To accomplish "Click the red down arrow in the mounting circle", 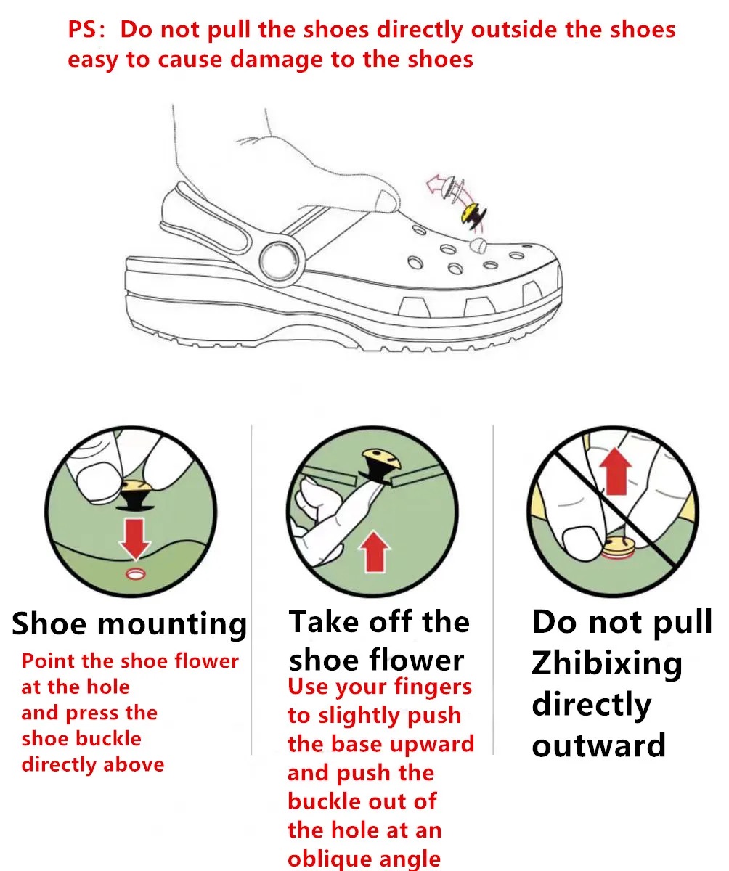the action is [134, 539].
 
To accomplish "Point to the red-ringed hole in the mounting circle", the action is [135, 573].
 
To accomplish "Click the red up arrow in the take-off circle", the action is [375, 551].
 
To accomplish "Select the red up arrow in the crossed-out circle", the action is [616, 471].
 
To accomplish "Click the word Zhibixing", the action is [607, 663].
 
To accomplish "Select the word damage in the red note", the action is [277, 60].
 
